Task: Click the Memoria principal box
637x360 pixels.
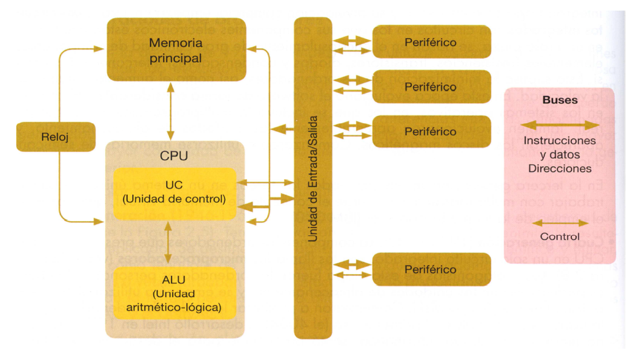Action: tap(175, 50)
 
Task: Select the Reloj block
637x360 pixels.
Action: tap(56, 137)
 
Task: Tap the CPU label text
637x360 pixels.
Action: tap(175, 155)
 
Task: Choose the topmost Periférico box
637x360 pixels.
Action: tap(431, 42)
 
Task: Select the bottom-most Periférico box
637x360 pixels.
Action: tap(431, 269)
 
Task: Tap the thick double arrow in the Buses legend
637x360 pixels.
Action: tap(560, 125)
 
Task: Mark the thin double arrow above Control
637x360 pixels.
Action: tap(560, 223)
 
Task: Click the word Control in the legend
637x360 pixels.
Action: tap(560, 237)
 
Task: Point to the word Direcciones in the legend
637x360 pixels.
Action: tap(560, 168)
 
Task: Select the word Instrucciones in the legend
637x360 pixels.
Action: tap(560, 140)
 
